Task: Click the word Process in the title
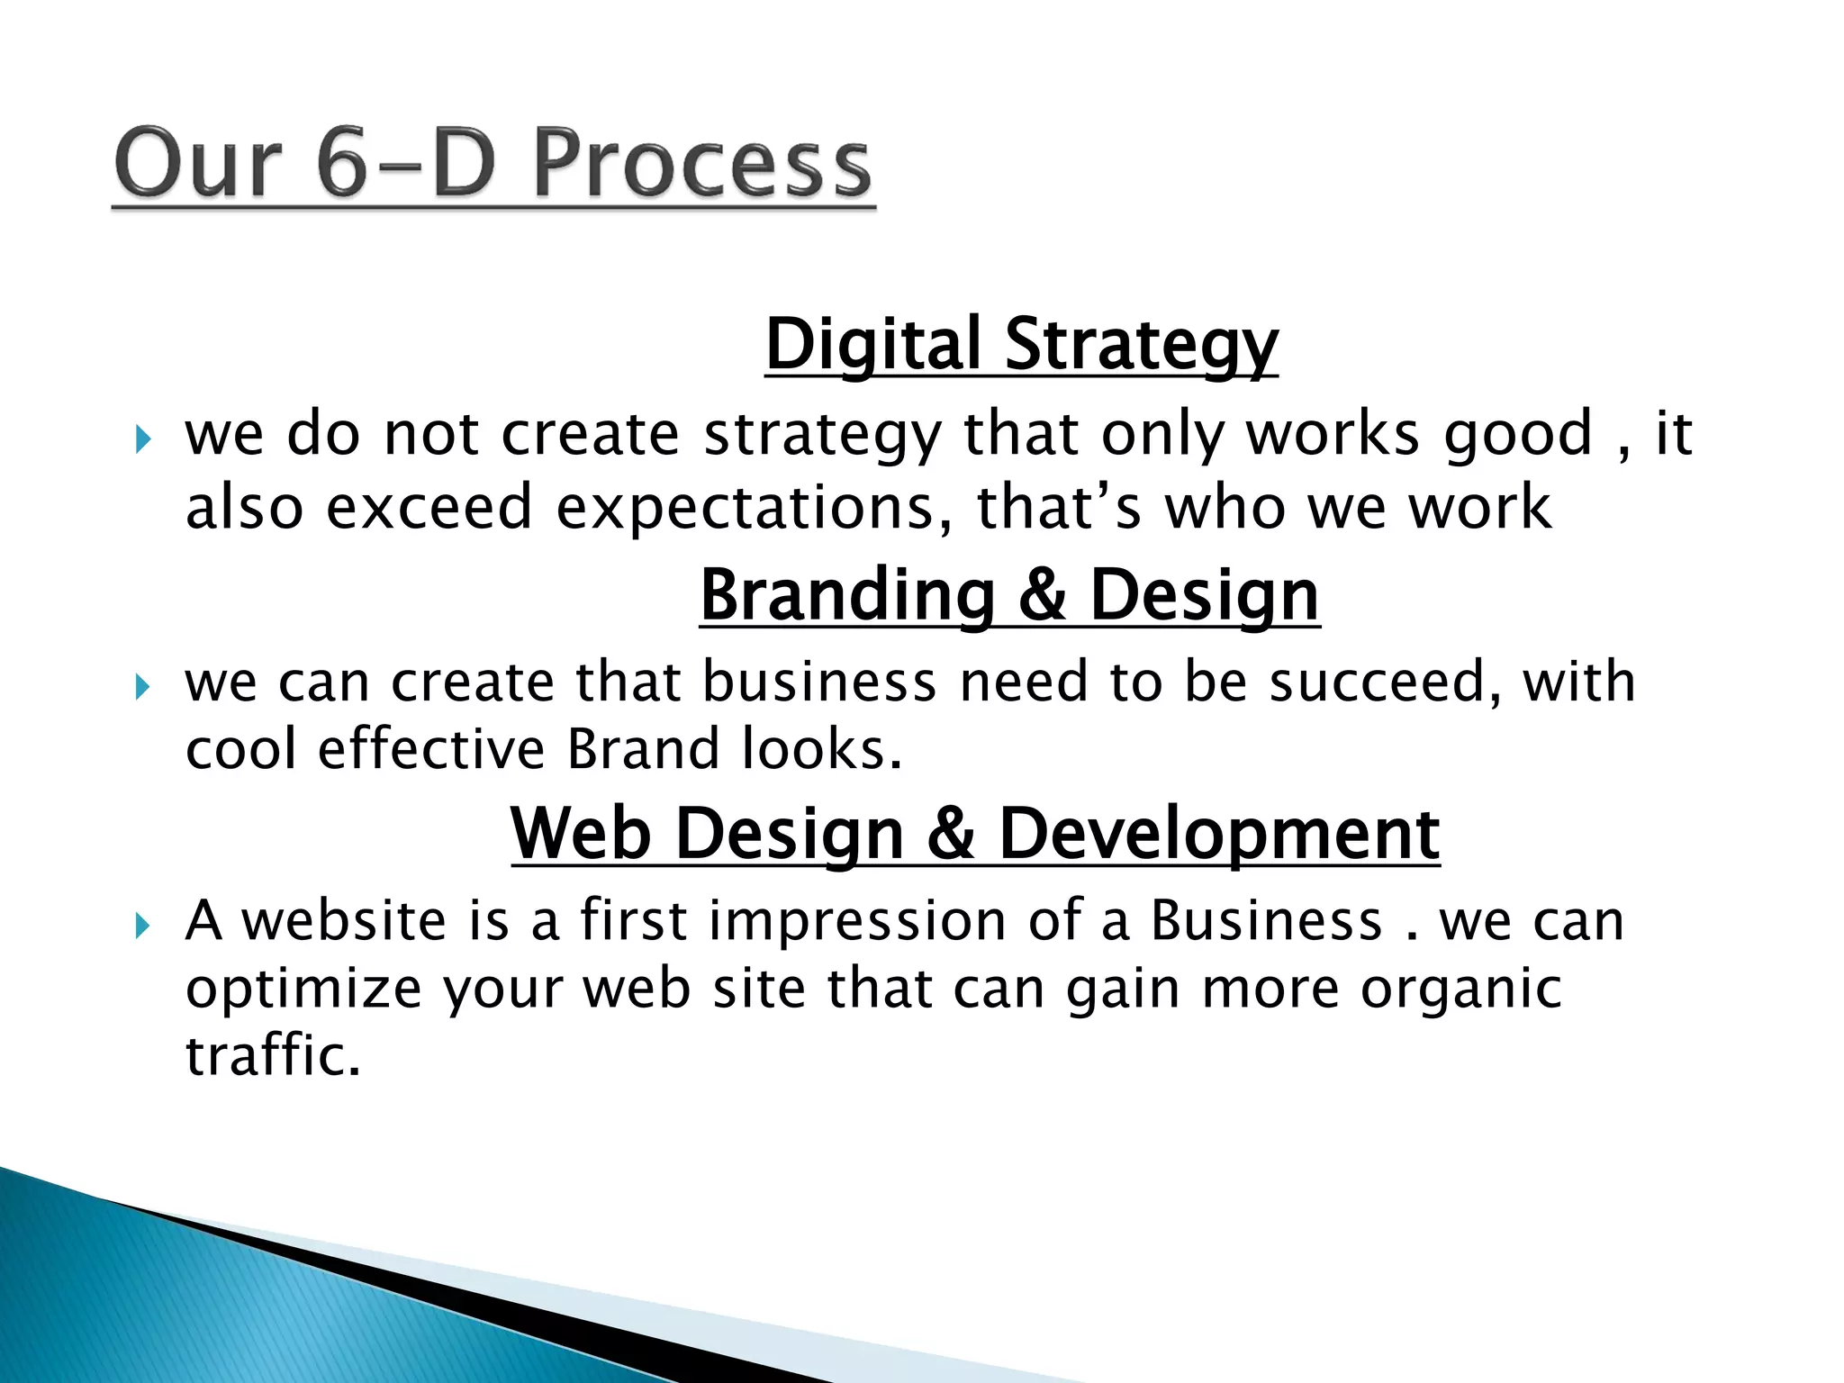coord(702,164)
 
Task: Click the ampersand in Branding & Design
coord(1043,596)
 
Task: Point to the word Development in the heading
coord(1219,834)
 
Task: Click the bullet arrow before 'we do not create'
coord(142,440)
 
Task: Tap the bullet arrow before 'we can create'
coord(142,688)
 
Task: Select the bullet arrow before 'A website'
coord(142,926)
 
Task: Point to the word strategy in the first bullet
coord(821,436)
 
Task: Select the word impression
coord(856,921)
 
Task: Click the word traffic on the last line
coord(273,1055)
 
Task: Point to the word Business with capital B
coord(1266,921)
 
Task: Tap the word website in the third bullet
coord(344,921)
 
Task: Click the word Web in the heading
coord(581,834)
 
